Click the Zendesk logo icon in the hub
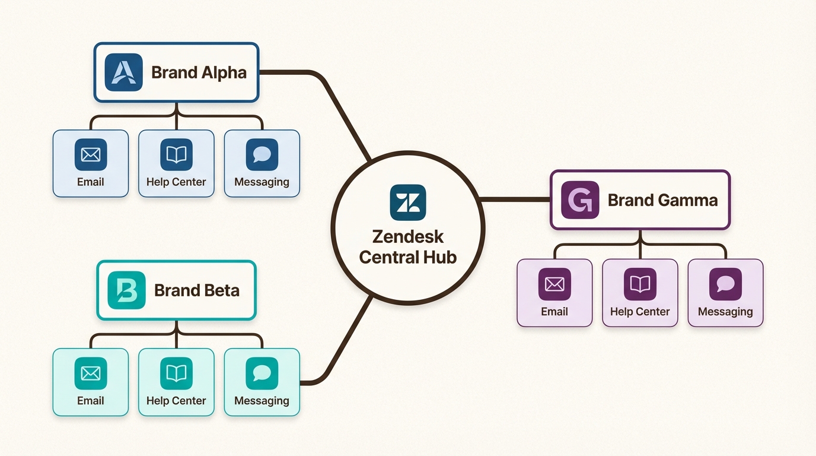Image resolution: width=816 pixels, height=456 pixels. click(x=408, y=202)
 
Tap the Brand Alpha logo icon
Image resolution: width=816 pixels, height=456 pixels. click(x=123, y=72)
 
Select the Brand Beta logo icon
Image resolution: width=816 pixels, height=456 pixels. click(x=126, y=290)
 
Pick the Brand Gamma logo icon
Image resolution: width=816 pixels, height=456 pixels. click(x=580, y=200)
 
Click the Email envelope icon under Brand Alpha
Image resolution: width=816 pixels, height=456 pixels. click(x=91, y=155)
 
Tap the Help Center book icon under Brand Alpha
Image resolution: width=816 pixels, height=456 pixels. click(x=176, y=155)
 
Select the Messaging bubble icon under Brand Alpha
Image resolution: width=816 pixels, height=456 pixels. click(x=262, y=155)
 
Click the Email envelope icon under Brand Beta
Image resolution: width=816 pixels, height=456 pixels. click(x=91, y=373)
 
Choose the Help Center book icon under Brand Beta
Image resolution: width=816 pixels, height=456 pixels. click(x=176, y=373)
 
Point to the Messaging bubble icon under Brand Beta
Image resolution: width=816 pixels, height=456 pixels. click(x=262, y=373)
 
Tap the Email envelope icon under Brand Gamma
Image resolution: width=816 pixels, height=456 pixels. click(x=554, y=284)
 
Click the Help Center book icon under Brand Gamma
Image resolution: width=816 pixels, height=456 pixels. click(x=640, y=284)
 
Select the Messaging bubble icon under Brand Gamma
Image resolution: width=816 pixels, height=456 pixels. click(x=725, y=284)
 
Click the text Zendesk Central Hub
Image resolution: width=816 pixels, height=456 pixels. click(x=408, y=247)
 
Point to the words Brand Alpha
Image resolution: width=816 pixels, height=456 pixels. click(x=199, y=72)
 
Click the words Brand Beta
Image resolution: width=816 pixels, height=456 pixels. click(x=197, y=290)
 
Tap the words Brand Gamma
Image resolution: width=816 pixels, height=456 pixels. click(x=662, y=200)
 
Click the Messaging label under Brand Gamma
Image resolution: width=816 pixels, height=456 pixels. click(x=725, y=312)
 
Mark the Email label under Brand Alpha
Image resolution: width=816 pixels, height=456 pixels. click(x=91, y=182)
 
